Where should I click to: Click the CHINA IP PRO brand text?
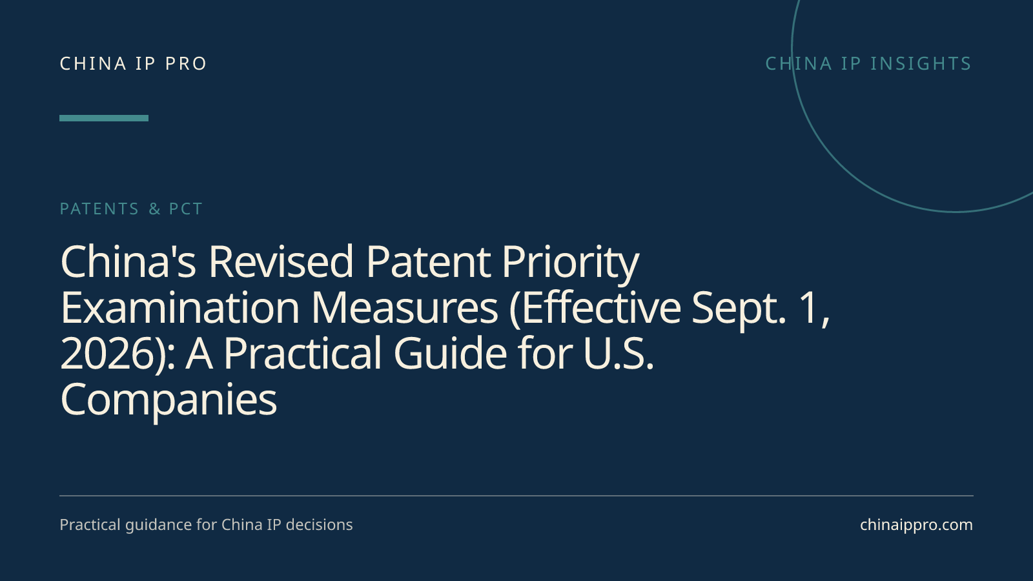133,64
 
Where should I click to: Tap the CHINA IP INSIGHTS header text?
868,64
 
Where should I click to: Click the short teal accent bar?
104,118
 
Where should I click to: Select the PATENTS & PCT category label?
131,209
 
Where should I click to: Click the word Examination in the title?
180,307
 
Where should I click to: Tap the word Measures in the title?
405,307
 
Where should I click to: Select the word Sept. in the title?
739,311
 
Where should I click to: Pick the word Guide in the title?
451,352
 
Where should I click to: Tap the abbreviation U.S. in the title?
619,354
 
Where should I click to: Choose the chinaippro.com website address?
916,525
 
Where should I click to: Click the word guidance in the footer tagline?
159,525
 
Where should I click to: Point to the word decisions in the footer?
319,525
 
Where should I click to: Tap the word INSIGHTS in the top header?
921,64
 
